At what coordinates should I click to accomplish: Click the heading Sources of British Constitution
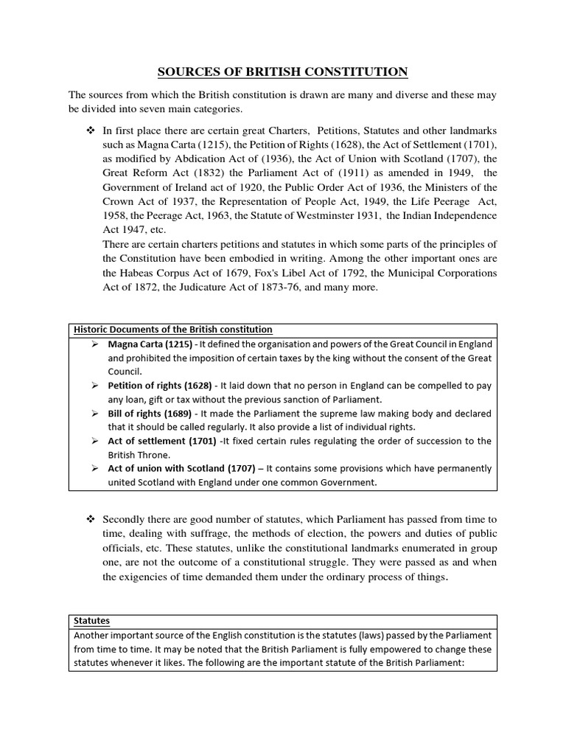click(x=282, y=72)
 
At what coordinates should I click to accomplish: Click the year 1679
click(x=226, y=273)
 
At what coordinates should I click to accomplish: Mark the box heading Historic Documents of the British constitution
click(x=172, y=330)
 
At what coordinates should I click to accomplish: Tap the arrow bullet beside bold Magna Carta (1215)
click(x=94, y=344)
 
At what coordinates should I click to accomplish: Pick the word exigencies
click(x=144, y=577)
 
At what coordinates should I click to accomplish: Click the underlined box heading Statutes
click(x=91, y=622)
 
